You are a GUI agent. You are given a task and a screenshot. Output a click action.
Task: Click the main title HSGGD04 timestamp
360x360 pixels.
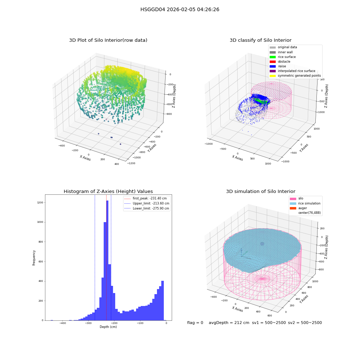(x=180, y=9)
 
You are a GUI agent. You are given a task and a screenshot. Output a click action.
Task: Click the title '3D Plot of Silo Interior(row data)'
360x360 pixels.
(x=108, y=40)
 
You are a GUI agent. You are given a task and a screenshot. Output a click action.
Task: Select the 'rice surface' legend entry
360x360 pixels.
(x=283, y=57)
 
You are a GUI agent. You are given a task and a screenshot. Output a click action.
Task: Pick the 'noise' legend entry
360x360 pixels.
(x=278, y=66)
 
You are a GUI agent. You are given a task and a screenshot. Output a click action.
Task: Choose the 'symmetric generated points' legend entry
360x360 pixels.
(x=295, y=76)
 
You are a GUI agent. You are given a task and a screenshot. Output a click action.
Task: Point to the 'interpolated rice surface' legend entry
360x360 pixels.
(x=292, y=71)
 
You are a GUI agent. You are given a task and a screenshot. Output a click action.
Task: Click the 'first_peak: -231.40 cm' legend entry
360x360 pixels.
(x=145, y=198)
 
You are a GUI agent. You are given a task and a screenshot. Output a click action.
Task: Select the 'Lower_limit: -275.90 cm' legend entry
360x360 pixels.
(x=147, y=208)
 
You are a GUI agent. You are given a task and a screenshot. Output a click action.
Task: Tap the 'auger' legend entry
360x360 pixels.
(x=298, y=208)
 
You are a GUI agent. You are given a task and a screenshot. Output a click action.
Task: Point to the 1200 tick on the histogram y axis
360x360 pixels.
(x=40, y=202)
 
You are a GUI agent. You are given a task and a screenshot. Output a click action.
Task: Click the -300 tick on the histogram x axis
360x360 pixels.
(x=89, y=323)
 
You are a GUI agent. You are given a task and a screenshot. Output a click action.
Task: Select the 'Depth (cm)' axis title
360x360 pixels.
(x=108, y=327)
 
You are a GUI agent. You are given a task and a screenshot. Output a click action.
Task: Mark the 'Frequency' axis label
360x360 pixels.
(x=34, y=258)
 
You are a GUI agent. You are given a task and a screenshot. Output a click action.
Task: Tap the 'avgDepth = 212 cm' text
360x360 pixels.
(x=229, y=323)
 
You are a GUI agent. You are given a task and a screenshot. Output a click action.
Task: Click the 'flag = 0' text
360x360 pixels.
(x=195, y=323)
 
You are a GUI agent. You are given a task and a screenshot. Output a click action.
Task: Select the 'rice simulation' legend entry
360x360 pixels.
(x=305, y=203)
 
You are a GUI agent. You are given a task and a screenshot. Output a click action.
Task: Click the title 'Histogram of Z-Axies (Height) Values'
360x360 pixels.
(x=108, y=191)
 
